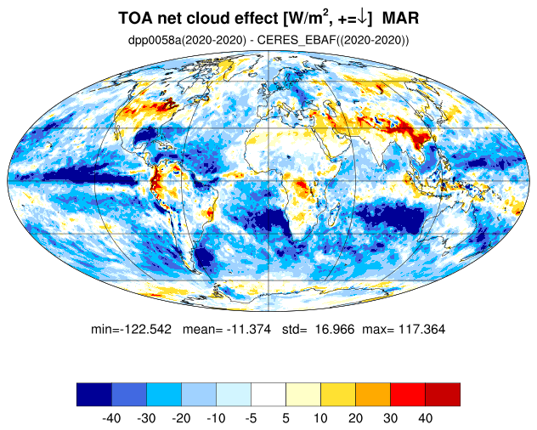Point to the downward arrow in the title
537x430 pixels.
tap(361, 18)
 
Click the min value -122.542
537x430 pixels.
tap(147, 328)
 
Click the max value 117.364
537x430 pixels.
tap(416, 328)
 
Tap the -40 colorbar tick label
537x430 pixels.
tap(111, 418)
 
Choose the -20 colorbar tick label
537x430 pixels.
tap(181, 418)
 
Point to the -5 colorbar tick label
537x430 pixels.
tap(251, 418)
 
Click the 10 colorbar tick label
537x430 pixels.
tap(320, 418)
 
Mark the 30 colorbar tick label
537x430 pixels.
tap(390, 418)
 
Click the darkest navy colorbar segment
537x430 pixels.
tap(93, 394)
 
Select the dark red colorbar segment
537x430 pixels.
tap(443, 394)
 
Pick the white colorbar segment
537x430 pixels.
tap(268, 394)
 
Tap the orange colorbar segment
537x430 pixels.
tap(373, 394)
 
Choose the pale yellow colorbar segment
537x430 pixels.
tap(303, 394)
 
